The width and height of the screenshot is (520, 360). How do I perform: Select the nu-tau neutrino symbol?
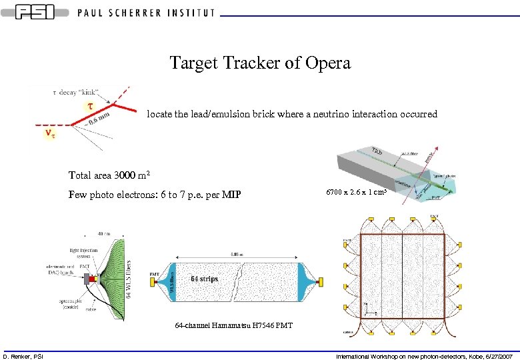click(49, 134)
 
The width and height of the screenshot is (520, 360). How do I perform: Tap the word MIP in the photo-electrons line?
click(230, 195)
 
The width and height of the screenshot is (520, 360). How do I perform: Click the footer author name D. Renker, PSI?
click(23, 356)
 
